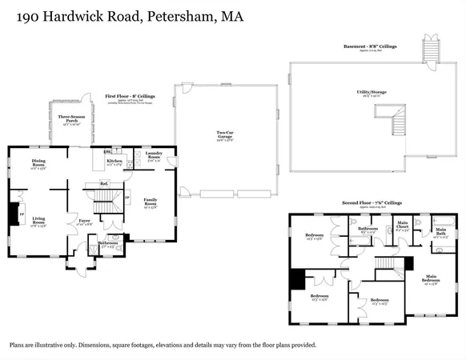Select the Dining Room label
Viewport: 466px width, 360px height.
(x=38, y=164)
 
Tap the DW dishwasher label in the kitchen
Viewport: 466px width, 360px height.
(x=107, y=150)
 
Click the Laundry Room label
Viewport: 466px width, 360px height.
(x=154, y=158)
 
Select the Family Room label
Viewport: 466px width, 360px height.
(x=151, y=203)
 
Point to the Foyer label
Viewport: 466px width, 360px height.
(x=83, y=222)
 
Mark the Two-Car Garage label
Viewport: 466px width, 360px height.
(x=227, y=134)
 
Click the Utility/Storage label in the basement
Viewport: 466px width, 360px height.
(x=374, y=93)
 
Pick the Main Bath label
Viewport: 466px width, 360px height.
(x=441, y=232)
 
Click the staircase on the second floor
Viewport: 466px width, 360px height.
(x=388, y=263)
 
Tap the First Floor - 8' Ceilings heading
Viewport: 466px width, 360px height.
(x=130, y=96)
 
